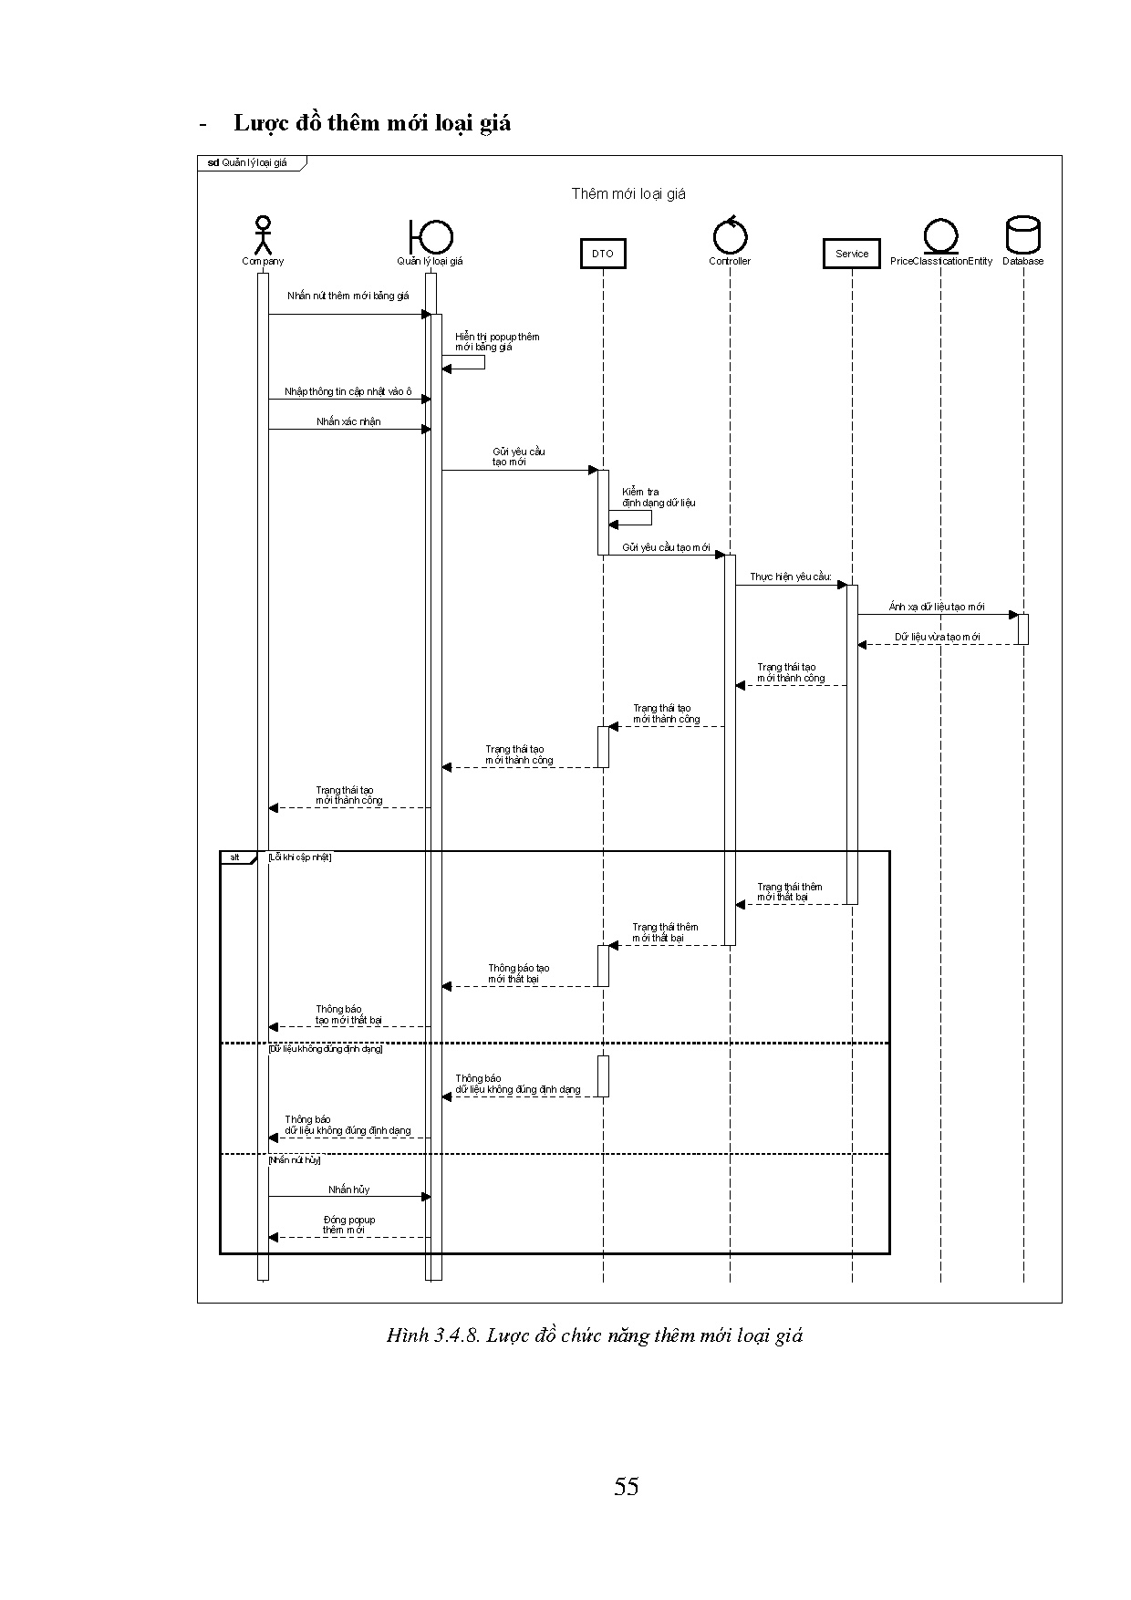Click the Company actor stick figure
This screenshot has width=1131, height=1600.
click(264, 234)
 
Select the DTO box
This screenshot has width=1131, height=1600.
click(603, 254)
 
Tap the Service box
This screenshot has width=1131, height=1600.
click(852, 254)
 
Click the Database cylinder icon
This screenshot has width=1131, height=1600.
click(1022, 235)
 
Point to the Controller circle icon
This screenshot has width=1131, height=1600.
click(730, 235)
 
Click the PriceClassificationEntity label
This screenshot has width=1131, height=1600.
click(940, 262)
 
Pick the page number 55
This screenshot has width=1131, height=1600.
click(627, 1488)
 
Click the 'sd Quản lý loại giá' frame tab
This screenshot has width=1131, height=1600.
click(248, 163)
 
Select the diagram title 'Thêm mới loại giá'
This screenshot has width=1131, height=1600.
click(628, 193)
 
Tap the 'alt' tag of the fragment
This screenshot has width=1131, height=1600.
click(234, 857)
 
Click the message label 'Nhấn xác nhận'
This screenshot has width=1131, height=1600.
click(348, 422)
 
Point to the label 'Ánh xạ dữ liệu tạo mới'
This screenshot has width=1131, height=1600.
click(937, 608)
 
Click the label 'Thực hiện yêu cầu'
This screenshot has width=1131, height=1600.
click(790, 577)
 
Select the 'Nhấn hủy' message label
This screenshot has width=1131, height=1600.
click(349, 1190)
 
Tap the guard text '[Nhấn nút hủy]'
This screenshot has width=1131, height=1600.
click(295, 1160)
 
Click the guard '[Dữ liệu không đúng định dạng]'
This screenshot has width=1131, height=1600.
click(326, 1049)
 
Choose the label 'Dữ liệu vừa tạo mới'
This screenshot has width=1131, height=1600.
click(937, 637)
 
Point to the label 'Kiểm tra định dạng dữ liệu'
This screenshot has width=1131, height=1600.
click(659, 497)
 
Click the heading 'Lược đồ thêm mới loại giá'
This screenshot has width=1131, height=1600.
click(372, 123)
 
